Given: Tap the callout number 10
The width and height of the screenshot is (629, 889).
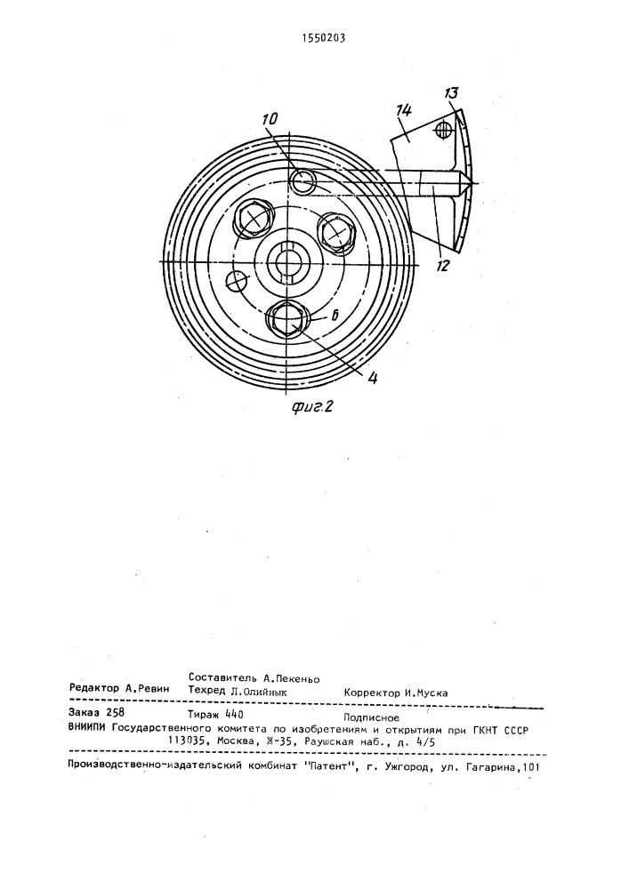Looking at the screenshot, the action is click(270, 118).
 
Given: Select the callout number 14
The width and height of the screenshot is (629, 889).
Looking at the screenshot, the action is click(404, 112).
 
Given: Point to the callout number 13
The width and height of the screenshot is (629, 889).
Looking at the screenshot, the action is click(452, 93).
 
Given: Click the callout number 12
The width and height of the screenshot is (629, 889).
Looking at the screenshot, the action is click(443, 265).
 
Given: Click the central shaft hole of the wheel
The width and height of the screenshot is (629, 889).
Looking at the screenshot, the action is click(288, 261).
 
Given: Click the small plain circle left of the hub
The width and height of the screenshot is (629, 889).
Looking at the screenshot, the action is click(236, 279).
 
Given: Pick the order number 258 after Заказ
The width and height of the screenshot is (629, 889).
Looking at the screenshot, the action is click(116, 713).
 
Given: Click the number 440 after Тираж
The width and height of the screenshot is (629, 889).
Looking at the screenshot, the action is click(234, 715).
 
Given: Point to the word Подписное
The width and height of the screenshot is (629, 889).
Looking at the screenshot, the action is click(372, 717).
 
